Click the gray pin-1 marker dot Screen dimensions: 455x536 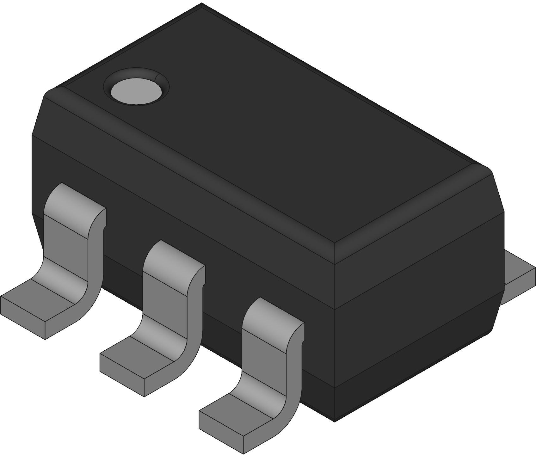(136, 91)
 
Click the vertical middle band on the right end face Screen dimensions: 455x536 (417, 285)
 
